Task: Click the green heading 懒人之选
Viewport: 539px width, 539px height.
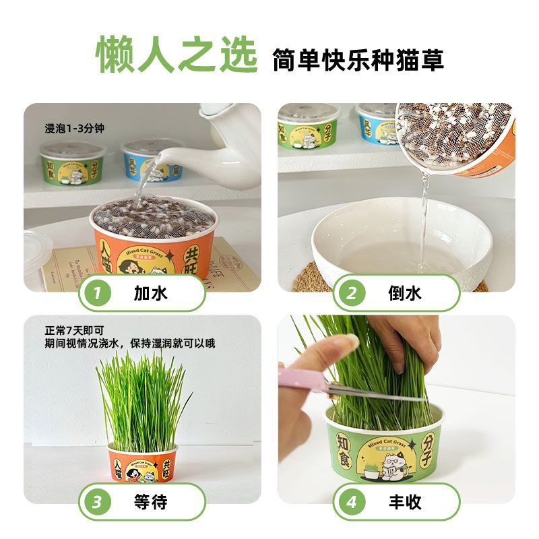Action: [177, 55]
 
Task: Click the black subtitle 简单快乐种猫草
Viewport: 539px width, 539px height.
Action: [358, 59]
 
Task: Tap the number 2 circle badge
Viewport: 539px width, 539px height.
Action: [351, 293]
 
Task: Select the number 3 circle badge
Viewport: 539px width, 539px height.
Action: [98, 502]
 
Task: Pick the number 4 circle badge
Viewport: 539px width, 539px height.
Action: [352, 502]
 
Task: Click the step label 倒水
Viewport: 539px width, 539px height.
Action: [405, 293]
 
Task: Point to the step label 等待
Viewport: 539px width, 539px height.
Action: [150, 502]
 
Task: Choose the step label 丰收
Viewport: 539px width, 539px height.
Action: [405, 502]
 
